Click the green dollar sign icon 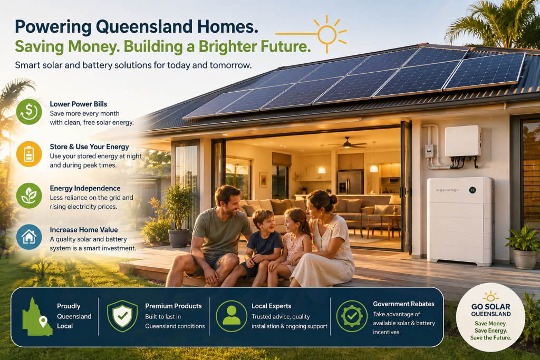coord(29,112)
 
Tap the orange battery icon coord(29,154)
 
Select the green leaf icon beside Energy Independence coord(29,196)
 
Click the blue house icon coord(29,237)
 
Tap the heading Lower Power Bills coord(79,104)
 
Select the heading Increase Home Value coord(84,230)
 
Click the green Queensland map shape coord(37,317)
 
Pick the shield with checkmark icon coord(122,316)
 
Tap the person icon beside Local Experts coord(232,316)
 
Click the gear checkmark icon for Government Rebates coord(352,316)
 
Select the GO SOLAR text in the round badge coord(491,306)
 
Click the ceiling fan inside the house coord(347,143)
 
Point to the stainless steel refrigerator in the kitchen coord(350,182)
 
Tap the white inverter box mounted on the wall coord(463,141)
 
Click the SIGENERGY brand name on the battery coord(447,190)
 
